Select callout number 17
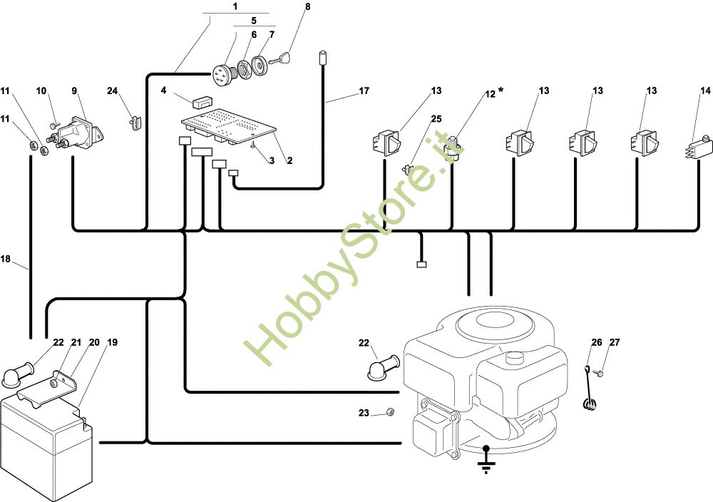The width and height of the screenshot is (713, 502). click(364, 91)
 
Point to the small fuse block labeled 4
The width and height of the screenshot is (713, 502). click(202, 102)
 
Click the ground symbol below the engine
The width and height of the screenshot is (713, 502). click(486, 459)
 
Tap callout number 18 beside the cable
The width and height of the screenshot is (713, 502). click(5, 259)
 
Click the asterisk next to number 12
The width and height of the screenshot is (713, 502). click(501, 91)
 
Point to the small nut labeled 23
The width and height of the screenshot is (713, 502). click(389, 412)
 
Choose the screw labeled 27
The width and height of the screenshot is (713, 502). click(600, 374)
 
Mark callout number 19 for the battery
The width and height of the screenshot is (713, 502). click(113, 342)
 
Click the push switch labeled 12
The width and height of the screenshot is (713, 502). click(455, 148)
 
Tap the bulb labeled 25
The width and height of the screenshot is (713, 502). click(407, 170)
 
